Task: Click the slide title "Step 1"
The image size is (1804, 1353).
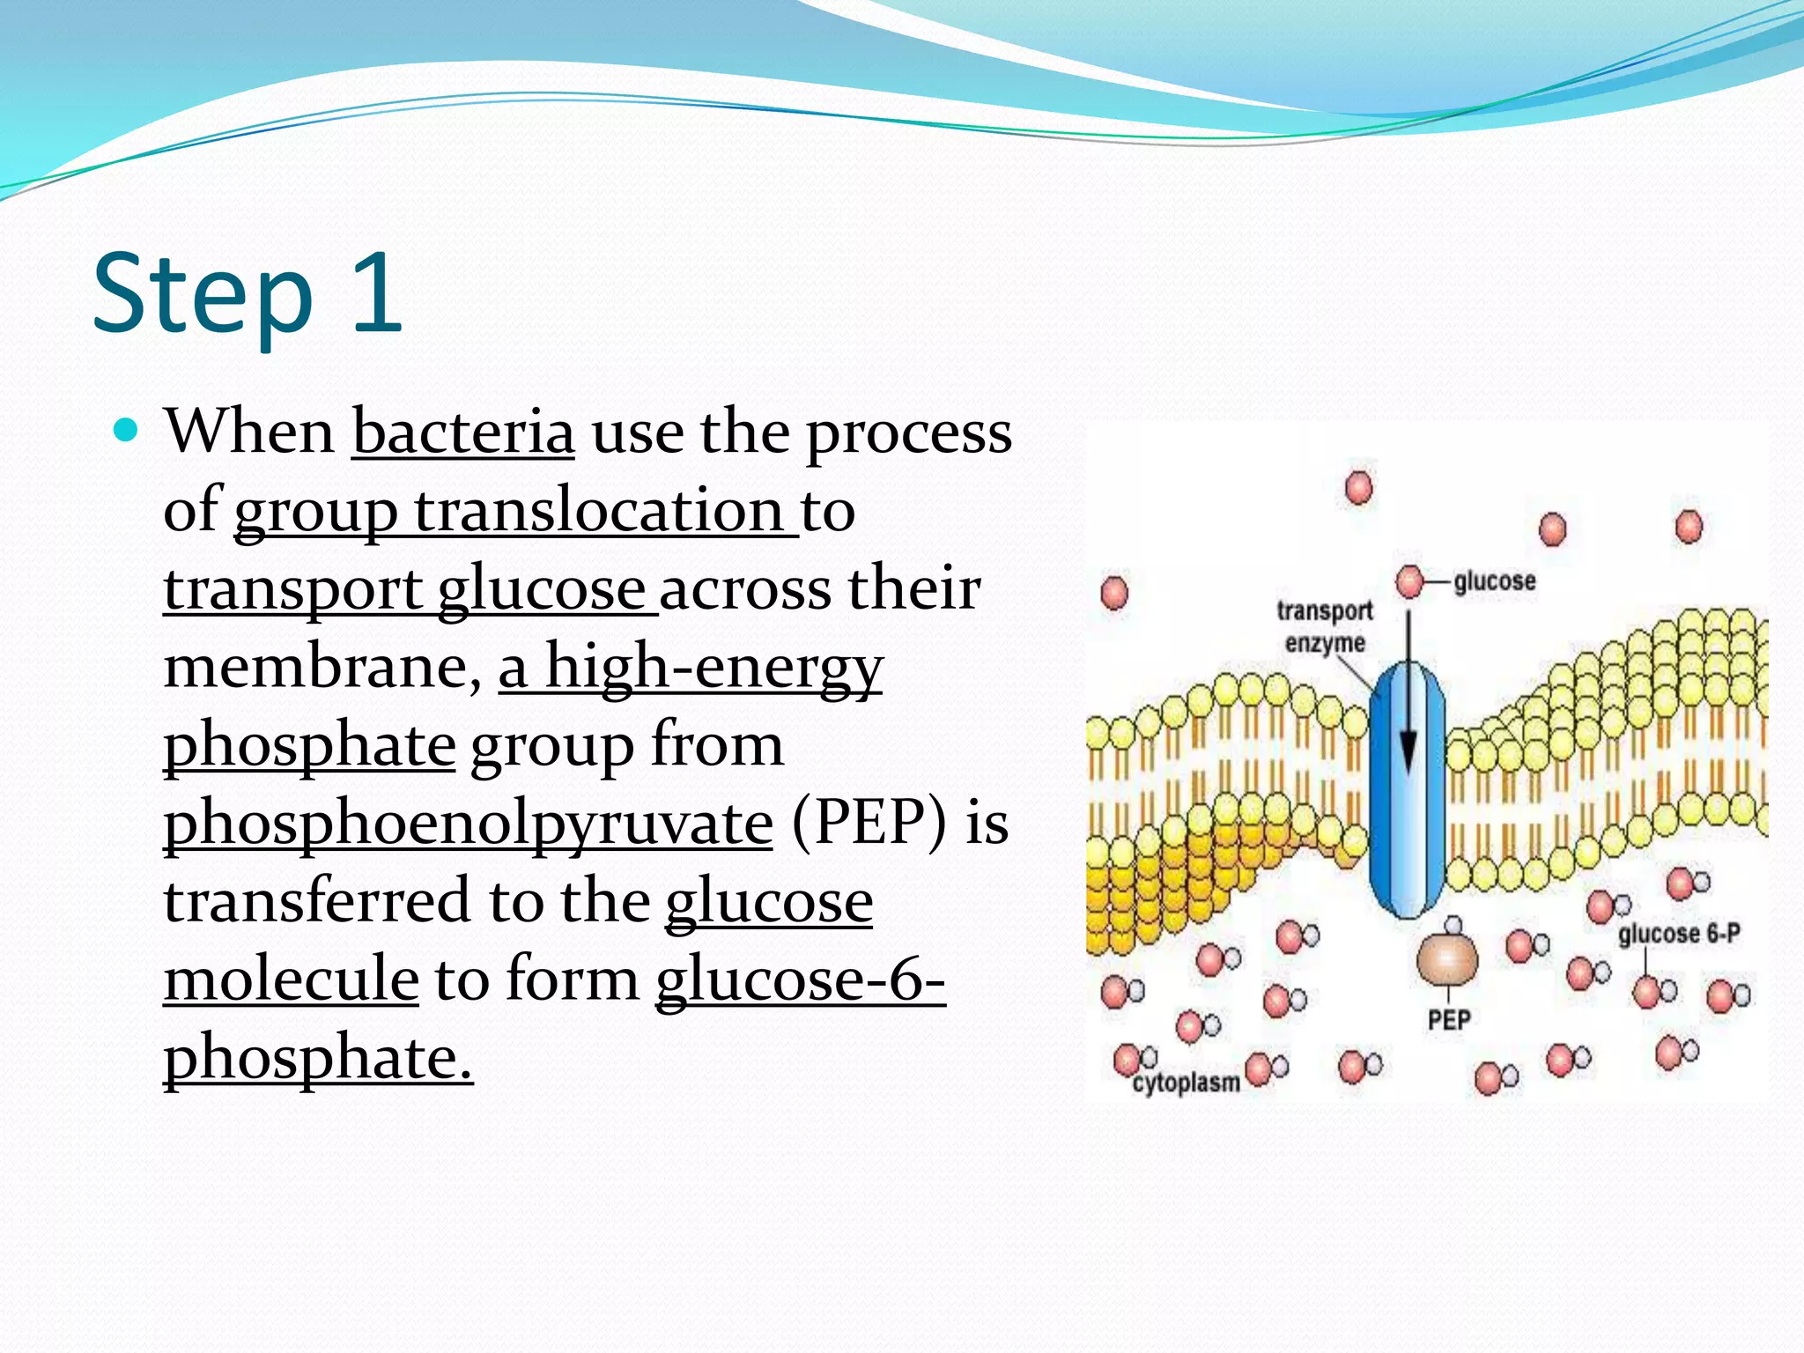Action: pos(248,294)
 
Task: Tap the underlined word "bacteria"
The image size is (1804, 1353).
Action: pos(463,433)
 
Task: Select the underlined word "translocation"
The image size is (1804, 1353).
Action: pos(599,510)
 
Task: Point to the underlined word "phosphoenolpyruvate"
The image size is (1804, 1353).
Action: pos(469,822)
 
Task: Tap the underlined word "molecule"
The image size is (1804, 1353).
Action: pos(291,979)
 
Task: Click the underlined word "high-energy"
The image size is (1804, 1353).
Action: pos(713,666)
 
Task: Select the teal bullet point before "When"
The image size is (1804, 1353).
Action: pos(127,430)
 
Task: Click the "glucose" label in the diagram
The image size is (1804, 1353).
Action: pos(1494,581)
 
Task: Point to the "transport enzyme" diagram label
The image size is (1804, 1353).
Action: pos(1325,626)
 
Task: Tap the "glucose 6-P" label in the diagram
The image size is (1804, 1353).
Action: pos(1679,934)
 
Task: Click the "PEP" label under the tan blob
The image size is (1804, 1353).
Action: pos(1449,1020)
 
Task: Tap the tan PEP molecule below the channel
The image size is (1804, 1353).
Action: pos(1446,958)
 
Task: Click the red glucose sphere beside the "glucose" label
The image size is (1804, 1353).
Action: pos(1410,581)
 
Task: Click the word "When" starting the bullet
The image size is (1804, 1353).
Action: pos(249,433)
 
